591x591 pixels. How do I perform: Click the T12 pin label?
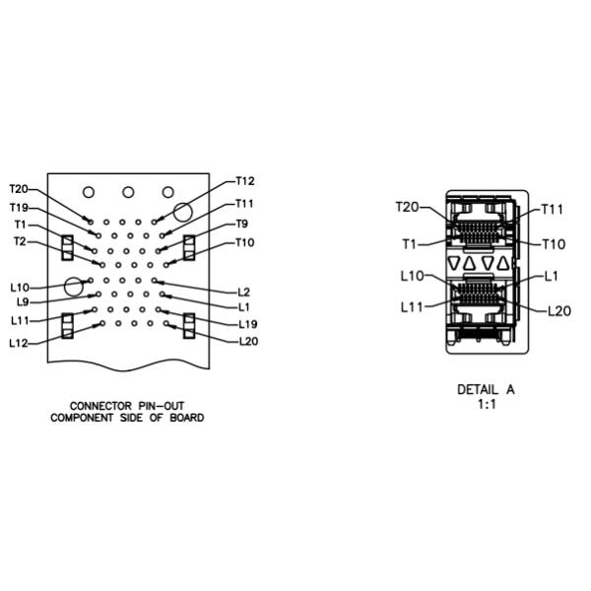[x=245, y=181]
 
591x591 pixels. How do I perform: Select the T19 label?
[x=19, y=208]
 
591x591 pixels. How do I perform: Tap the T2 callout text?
[x=20, y=241]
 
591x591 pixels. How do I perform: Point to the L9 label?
[x=23, y=301]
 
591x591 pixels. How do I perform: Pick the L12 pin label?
[x=19, y=343]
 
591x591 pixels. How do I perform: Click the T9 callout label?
[x=243, y=225]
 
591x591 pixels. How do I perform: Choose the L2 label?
[x=244, y=292]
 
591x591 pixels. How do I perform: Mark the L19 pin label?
[x=247, y=324]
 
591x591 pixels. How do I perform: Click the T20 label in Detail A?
[x=407, y=207]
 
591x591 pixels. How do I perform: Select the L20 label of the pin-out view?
[x=247, y=342]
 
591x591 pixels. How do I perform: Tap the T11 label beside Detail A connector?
[x=553, y=210]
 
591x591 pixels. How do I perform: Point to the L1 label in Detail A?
[x=552, y=277]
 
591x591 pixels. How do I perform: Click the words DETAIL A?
[x=486, y=389]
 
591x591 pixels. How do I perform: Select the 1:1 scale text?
[x=486, y=404]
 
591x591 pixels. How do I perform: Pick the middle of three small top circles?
[x=128, y=192]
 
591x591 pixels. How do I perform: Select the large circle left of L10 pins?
[x=73, y=288]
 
